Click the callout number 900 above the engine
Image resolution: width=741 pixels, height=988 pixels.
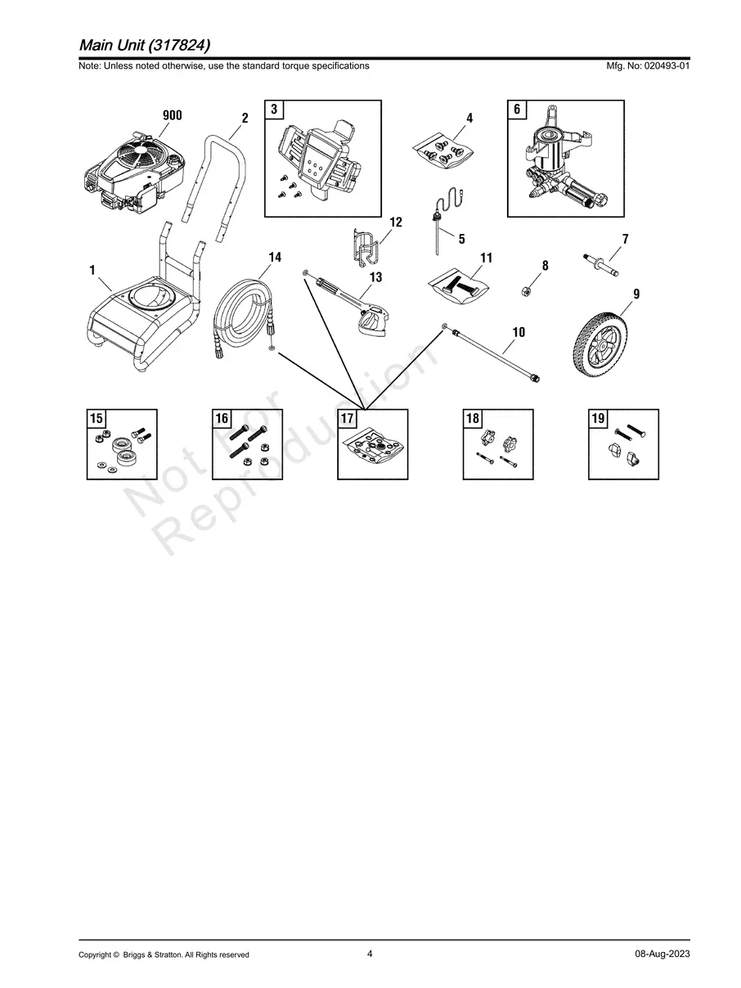click(x=173, y=115)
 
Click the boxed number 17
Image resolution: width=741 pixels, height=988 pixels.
click(x=347, y=418)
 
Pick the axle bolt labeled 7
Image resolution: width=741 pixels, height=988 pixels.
click(x=601, y=265)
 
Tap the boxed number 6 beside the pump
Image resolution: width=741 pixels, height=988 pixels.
click(x=517, y=109)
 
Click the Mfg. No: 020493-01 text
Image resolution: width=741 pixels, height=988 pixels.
click(x=648, y=65)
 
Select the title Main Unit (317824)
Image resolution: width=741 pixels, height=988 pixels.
click(x=145, y=45)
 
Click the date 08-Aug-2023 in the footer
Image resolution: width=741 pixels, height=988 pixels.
click(x=662, y=954)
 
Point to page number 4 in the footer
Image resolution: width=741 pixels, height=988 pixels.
click(x=370, y=953)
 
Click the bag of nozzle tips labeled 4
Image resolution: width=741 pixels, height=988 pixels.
click(x=443, y=151)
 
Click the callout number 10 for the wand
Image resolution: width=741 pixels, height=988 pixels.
click(x=519, y=332)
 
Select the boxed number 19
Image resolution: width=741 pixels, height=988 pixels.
click(x=598, y=418)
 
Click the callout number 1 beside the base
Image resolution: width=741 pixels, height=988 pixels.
click(x=92, y=270)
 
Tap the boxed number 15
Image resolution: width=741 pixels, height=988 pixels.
click(x=97, y=418)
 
